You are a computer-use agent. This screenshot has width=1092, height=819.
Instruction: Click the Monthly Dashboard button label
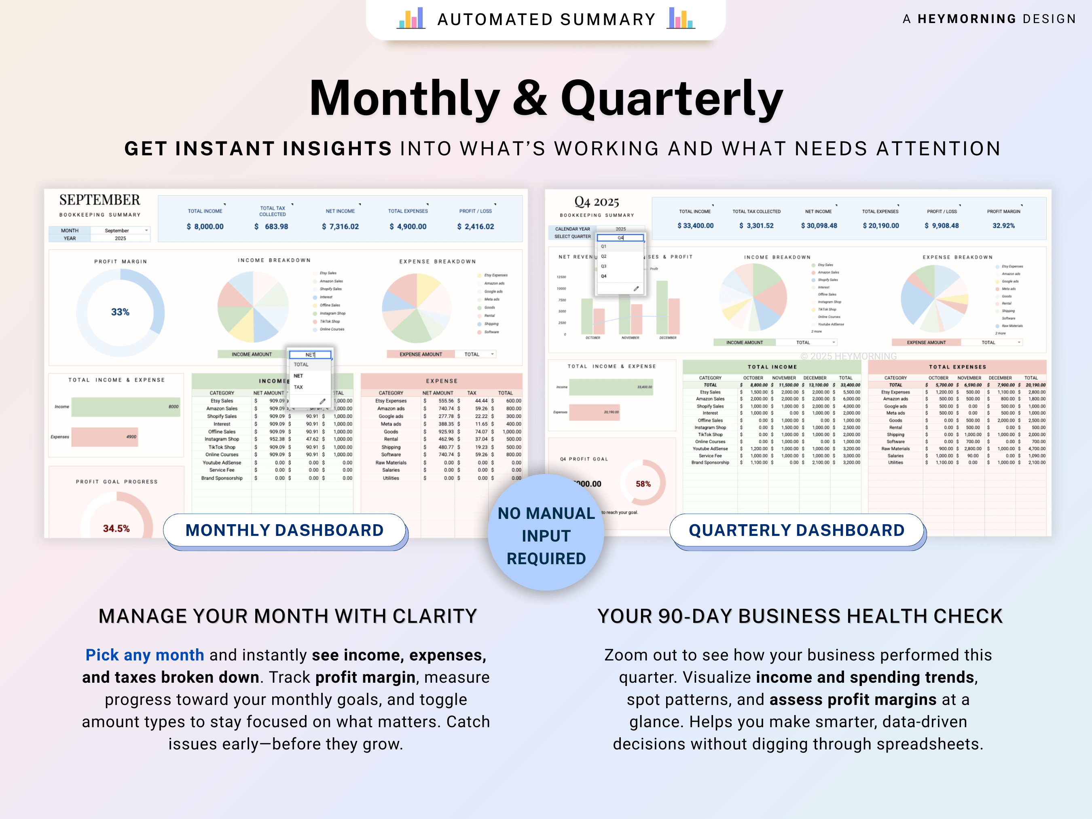[284, 530]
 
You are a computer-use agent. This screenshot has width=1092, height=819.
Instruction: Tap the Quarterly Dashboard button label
[796, 530]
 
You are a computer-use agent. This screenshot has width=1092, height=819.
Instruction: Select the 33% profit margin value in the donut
[120, 312]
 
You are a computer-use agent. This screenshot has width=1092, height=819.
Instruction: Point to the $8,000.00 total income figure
[205, 226]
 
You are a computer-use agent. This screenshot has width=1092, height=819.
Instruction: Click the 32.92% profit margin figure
[1004, 226]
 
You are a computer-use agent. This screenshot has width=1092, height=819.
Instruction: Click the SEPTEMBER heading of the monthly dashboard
[100, 200]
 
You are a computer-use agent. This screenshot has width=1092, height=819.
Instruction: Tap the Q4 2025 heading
[597, 202]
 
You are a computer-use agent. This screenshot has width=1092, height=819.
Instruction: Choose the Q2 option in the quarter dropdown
[604, 256]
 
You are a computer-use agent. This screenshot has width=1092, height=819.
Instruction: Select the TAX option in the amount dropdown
[298, 387]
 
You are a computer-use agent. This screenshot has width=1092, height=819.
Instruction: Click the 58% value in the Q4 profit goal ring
[643, 484]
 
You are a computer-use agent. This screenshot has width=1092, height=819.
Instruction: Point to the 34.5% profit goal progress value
[116, 528]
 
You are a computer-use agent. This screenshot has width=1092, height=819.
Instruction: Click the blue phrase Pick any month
[145, 655]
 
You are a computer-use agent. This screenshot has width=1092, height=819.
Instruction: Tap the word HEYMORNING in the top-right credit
[967, 19]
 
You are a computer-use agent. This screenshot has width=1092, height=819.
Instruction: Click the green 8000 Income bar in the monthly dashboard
[125, 407]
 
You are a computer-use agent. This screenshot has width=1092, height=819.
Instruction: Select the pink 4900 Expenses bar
[105, 437]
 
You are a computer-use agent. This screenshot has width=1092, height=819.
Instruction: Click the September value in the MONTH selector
[117, 231]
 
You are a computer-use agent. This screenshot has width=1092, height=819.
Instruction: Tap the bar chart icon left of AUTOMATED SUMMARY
[411, 18]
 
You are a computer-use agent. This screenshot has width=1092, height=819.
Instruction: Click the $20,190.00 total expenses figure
[881, 226]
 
